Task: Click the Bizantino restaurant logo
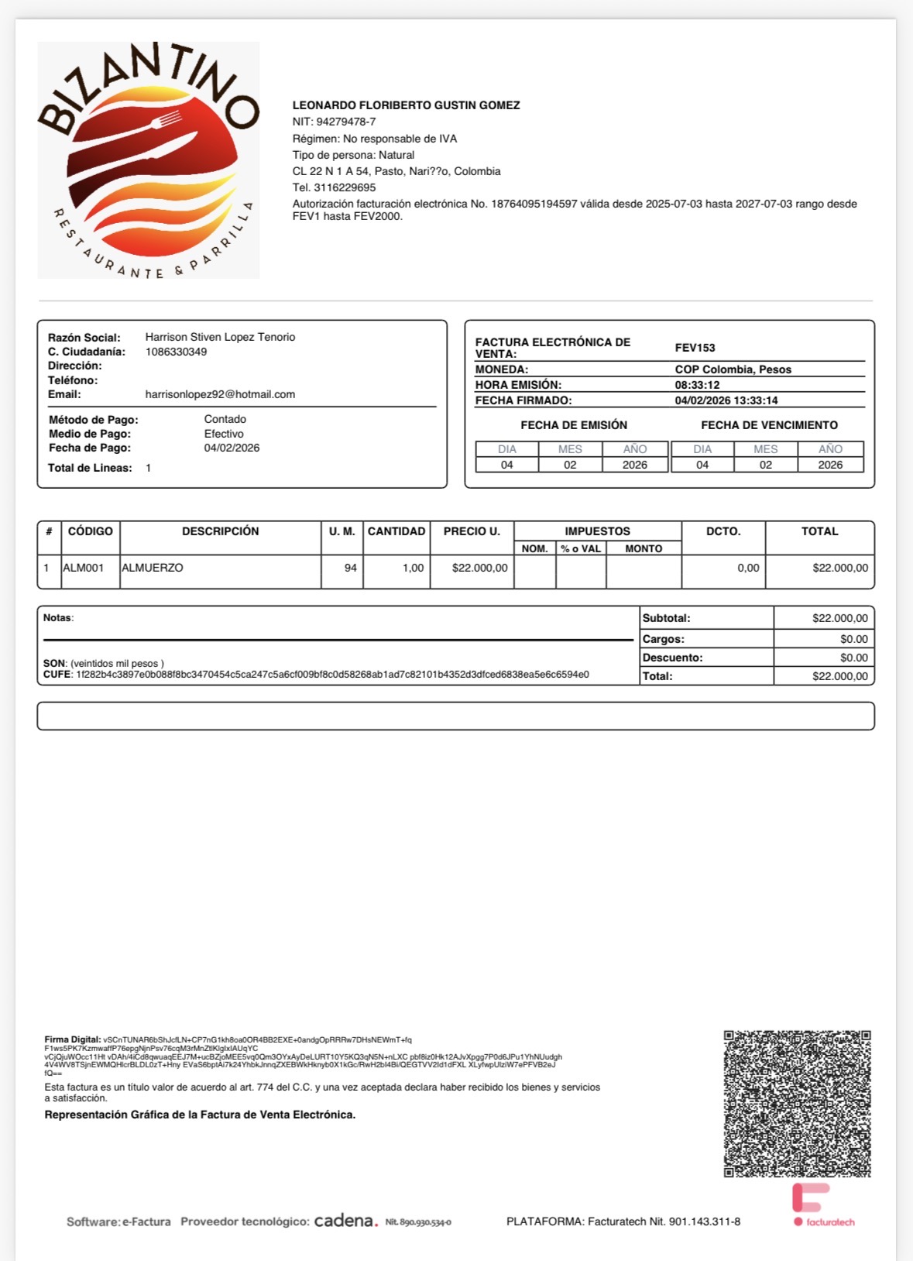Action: (148, 160)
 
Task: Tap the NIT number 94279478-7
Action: (345, 122)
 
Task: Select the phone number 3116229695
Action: (345, 187)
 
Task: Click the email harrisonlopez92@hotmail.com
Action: (220, 394)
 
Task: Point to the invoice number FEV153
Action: (695, 348)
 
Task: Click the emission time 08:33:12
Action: (697, 385)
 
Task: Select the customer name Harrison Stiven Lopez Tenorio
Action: (220, 337)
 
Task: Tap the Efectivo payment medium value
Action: (224, 434)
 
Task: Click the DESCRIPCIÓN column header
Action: (220, 531)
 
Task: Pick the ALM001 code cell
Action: (84, 568)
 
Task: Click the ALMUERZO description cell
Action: (153, 568)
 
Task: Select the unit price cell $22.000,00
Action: (479, 568)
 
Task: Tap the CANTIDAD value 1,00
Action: (413, 568)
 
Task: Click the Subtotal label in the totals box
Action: (666, 618)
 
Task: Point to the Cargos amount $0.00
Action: (853, 639)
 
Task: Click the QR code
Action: (797, 1104)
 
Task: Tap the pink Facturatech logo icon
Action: (810, 1197)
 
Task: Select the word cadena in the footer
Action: (345, 1221)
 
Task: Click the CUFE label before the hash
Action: (57, 675)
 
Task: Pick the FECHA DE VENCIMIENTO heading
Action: (769, 425)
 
